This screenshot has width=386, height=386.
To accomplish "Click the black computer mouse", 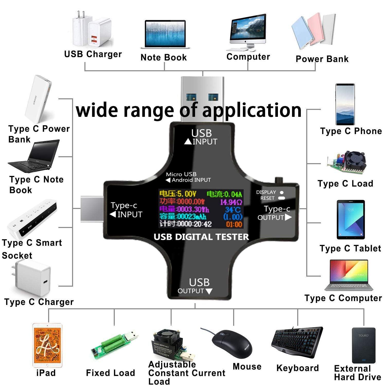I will click(232, 344).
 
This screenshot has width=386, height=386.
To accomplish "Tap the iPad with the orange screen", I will click(47, 345).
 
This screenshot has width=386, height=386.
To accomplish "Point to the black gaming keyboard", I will click(297, 341).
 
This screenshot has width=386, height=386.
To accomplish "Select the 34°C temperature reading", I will click(233, 209).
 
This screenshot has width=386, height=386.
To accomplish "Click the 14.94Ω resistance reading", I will click(231, 202).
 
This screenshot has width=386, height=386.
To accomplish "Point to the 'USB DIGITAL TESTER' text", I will click(201, 237).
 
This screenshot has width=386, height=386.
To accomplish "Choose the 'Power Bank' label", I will click(322, 59).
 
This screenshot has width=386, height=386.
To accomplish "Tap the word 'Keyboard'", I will click(297, 368).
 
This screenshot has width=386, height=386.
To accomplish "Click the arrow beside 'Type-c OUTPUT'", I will click(288, 217).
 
